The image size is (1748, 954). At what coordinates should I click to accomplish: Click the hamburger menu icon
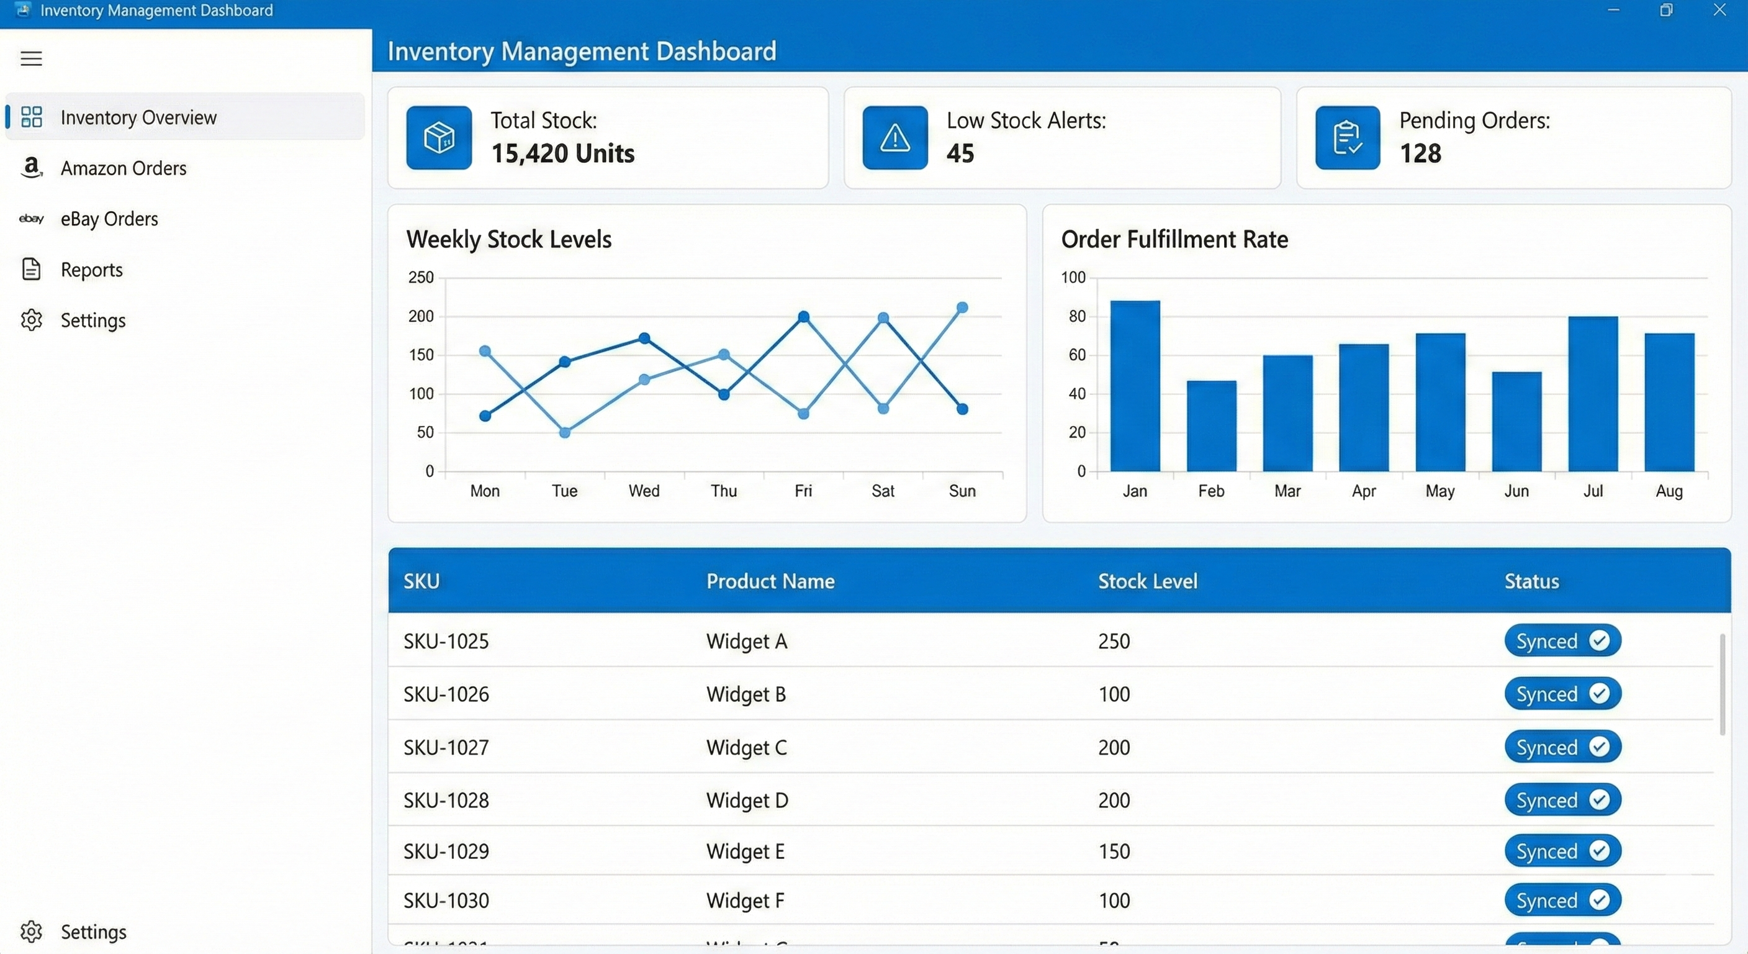[31, 58]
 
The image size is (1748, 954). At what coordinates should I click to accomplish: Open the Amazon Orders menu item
[123, 168]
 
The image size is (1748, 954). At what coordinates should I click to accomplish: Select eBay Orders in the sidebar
[109, 219]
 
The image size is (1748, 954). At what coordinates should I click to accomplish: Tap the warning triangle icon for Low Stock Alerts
[894, 138]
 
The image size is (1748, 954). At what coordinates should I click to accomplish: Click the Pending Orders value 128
[1420, 153]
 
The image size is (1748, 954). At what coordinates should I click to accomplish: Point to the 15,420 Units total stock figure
[562, 153]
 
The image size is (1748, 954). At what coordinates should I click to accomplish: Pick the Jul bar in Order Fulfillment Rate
[1593, 394]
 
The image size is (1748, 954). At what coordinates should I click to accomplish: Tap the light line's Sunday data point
[962, 307]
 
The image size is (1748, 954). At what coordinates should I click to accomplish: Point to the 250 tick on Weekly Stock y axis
[421, 277]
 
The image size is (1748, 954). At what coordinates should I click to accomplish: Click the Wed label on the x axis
[643, 490]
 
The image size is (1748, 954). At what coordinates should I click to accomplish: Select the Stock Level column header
[1148, 581]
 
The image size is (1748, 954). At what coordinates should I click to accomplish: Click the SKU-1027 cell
[446, 748]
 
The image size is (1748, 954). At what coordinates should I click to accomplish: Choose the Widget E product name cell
[745, 852]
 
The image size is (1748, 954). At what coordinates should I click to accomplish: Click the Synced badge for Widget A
[1562, 641]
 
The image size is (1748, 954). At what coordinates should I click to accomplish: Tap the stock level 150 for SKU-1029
[1114, 852]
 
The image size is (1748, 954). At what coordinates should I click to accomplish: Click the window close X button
[1719, 10]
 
